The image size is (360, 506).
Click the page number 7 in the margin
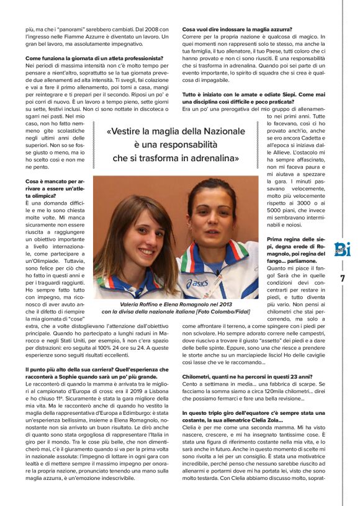(341, 278)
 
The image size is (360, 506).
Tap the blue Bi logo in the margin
(341, 249)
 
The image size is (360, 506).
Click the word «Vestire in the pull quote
(125, 132)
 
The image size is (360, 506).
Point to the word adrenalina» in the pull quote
(212, 158)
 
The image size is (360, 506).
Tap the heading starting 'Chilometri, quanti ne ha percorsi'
(239, 376)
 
